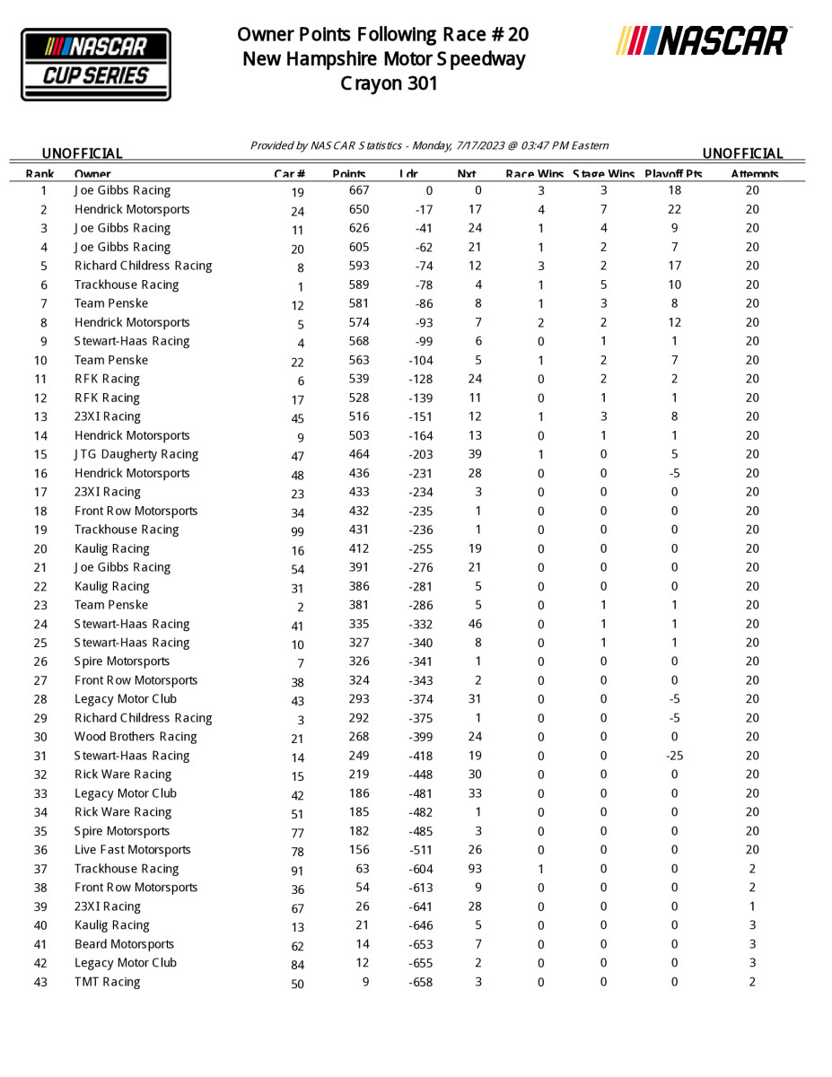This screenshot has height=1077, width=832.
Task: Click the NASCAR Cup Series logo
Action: (96, 64)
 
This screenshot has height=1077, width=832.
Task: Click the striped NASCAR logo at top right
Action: (703, 41)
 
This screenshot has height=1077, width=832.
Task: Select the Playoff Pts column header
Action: (673, 174)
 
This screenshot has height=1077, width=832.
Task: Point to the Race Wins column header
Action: (535, 174)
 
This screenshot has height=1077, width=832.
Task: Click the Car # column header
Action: (289, 174)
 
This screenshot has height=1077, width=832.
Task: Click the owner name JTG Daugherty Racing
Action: (136, 454)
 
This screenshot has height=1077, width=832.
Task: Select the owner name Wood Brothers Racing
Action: (136, 737)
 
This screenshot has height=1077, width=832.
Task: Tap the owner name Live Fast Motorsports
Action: (133, 850)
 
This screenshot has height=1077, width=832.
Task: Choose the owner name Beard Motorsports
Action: (125, 944)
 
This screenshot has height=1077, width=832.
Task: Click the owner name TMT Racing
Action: (108, 982)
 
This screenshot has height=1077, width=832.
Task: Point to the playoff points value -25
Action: (674, 756)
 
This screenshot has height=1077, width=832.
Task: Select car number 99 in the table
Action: (297, 531)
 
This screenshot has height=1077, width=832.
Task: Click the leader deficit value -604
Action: (420, 869)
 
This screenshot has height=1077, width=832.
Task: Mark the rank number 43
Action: (41, 982)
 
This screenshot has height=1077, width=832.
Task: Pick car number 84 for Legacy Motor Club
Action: (297, 965)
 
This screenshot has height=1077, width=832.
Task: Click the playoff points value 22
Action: (674, 209)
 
